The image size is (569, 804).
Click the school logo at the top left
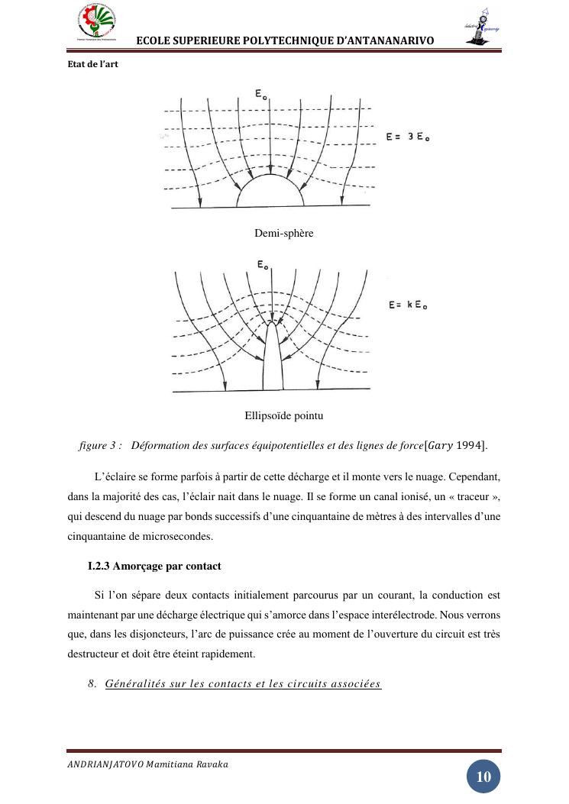[x=96, y=24]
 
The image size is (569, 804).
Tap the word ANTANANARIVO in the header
[x=386, y=40]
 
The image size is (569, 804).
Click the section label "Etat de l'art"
[x=92, y=64]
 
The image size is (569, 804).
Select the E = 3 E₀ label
[x=408, y=137]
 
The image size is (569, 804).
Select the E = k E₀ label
[x=408, y=305]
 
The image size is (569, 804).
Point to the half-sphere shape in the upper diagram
[x=270, y=192]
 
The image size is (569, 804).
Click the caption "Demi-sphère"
[x=283, y=233]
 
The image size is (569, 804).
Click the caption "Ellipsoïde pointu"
[x=283, y=416]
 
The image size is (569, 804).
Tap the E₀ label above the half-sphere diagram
[x=260, y=94]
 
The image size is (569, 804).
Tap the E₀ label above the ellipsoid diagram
[x=262, y=265]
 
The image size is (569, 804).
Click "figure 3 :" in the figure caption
[x=100, y=445]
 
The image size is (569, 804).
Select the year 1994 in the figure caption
[x=470, y=445]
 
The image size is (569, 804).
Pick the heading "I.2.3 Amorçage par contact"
[x=154, y=566]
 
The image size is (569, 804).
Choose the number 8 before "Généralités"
[x=92, y=683]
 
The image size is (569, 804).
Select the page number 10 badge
[x=483, y=777]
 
